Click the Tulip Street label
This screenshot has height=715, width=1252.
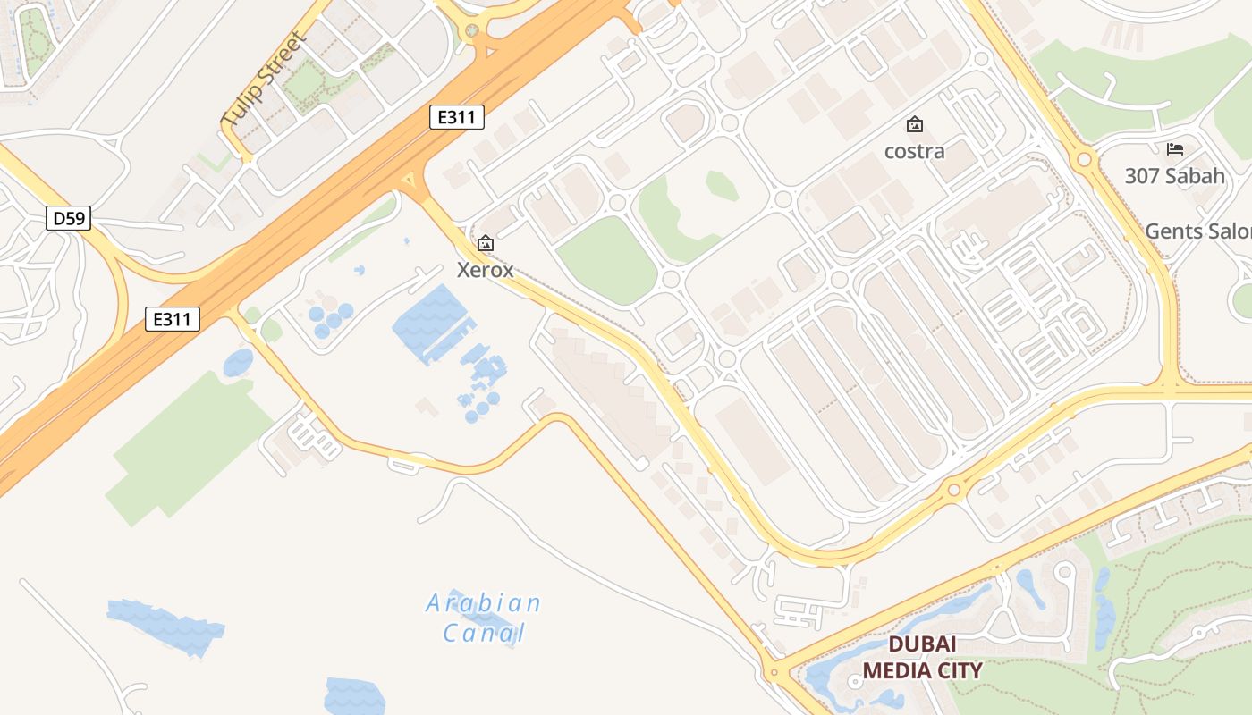(x=264, y=79)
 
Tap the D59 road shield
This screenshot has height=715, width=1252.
(x=69, y=218)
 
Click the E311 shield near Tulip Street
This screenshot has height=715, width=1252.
(x=457, y=116)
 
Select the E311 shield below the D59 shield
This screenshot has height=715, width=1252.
(x=173, y=318)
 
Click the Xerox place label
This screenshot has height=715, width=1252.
(x=486, y=269)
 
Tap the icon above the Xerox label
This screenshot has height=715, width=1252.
(x=486, y=242)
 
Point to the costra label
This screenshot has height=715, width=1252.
(x=914, y=151)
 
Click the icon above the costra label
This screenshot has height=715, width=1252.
(x=914, y=124)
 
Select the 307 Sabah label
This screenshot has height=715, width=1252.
(x=1174, y=176)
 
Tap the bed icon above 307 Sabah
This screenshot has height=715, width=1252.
(x=1174, y=148)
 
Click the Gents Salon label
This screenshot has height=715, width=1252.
(x=1198, y=231)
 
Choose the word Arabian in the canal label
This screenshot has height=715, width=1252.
(x=483, y=603)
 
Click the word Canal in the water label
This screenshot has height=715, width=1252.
(x=483, y=634)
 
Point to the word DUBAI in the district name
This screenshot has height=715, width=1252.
(x=922, y=644)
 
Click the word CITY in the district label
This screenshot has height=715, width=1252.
(x=960, y=670)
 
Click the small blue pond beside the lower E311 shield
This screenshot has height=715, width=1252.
(x=238, y=363)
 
